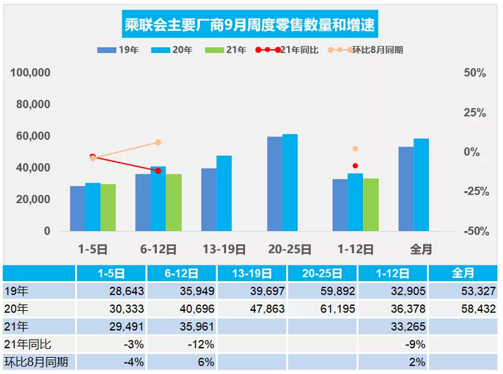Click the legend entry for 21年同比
point(287,51)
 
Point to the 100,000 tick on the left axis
point(31,73)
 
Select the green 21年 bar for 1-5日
point(108,208)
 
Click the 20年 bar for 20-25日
point(290,183)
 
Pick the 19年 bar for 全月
point(405,188)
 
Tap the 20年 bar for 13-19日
point(224,194)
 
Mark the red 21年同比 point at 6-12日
point(158,171)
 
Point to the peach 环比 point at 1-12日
point(356,149)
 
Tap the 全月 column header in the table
point(463,273)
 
